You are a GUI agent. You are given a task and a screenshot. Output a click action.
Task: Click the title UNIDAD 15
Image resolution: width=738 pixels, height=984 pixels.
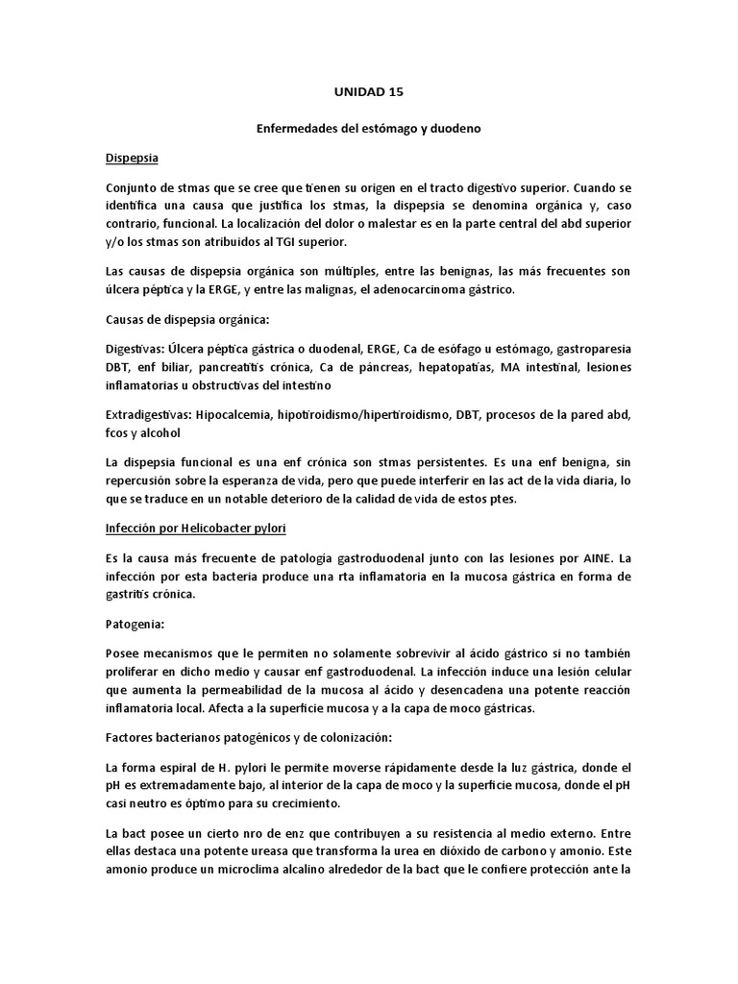click(369, 93)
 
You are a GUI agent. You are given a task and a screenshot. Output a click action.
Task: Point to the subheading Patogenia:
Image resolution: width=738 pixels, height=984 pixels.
click(135, 624)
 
